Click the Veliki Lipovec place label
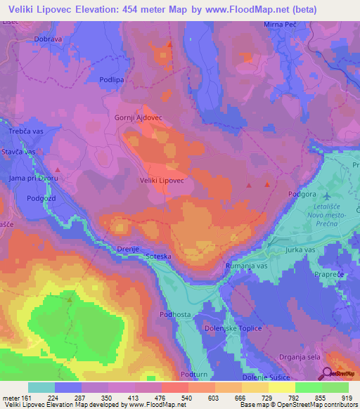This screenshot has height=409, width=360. [161, 181]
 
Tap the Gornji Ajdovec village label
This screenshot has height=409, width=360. [138, 118]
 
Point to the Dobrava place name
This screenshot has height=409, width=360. [49, 39]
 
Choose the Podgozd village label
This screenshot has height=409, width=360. [41, 198]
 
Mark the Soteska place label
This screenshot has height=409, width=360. [157, 257]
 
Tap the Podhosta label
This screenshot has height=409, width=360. [176, 315]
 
